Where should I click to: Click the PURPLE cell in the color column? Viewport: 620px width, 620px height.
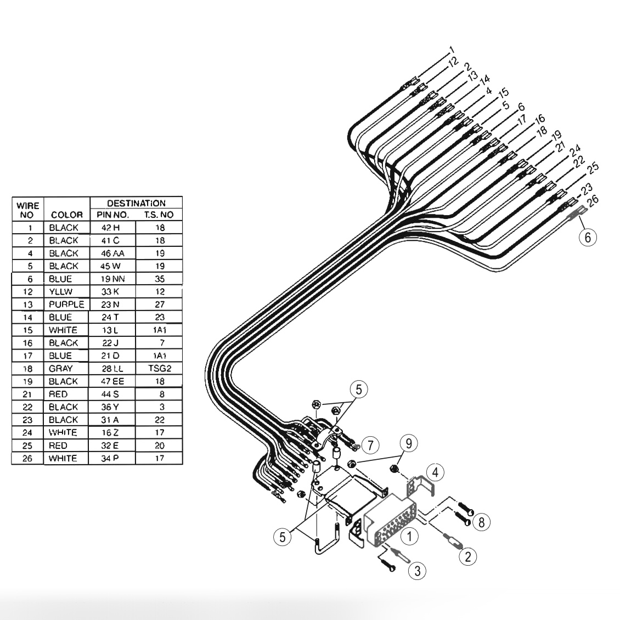[x=66, y=305]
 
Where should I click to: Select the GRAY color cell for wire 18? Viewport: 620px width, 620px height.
[x=61, y=369]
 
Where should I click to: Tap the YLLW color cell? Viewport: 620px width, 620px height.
[x=61, y=291]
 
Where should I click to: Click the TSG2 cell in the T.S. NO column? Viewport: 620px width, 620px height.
[x=160, y=369]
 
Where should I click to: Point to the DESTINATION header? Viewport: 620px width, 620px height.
[x=136, y=203]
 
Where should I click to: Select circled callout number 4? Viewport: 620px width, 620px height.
[x=434, y=471]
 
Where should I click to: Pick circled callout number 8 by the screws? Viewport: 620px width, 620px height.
[x=482, y=521]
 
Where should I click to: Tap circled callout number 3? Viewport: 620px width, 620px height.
[x=418, y=571]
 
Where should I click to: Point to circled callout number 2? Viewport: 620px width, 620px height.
[x=467, y=557]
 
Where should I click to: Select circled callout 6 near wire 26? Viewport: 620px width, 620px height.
[x=588, y=237]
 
